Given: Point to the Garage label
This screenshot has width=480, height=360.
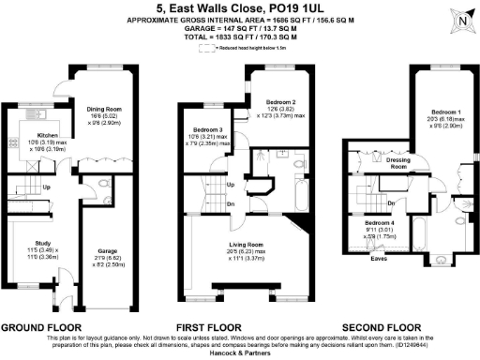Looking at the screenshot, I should point(108,251).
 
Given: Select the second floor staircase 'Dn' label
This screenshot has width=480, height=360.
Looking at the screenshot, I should point(390,201).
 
